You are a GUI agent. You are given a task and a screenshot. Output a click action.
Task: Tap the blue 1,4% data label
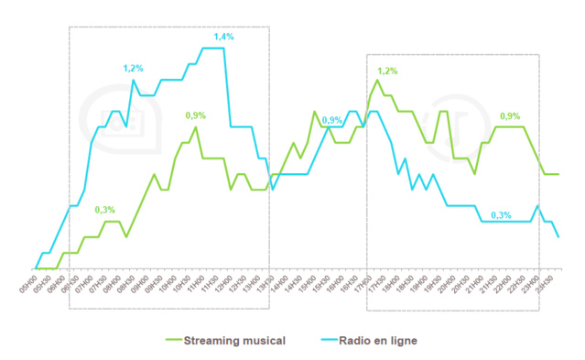coord(224,37)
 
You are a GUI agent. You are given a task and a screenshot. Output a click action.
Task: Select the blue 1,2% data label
coord(134,69)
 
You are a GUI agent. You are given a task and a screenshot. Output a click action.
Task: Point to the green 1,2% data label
coord(387,71)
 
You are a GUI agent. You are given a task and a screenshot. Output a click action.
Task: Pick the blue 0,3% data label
coord(501,214)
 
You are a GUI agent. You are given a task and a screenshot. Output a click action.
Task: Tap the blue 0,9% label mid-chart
coord(331,120)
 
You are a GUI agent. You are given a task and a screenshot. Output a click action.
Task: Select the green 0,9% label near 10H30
coord(196,115)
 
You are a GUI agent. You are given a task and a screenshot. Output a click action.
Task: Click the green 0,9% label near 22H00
coord(510,115)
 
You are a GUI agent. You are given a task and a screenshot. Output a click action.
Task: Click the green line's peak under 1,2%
coord(377,80)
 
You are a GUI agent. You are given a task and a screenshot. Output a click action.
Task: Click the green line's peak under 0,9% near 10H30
coord(196,126)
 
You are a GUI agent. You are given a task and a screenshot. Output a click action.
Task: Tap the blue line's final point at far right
coord(558,237)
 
